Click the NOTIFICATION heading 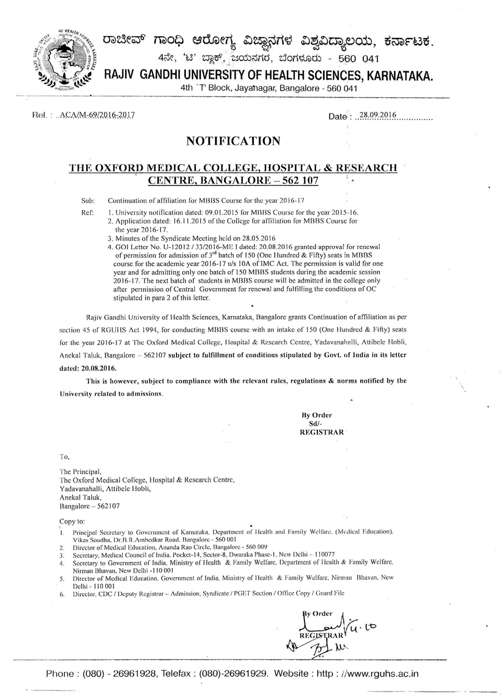[233, 141]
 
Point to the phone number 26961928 [136, 674]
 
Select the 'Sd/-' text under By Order [307, 423]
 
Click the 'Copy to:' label [72, 521]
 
